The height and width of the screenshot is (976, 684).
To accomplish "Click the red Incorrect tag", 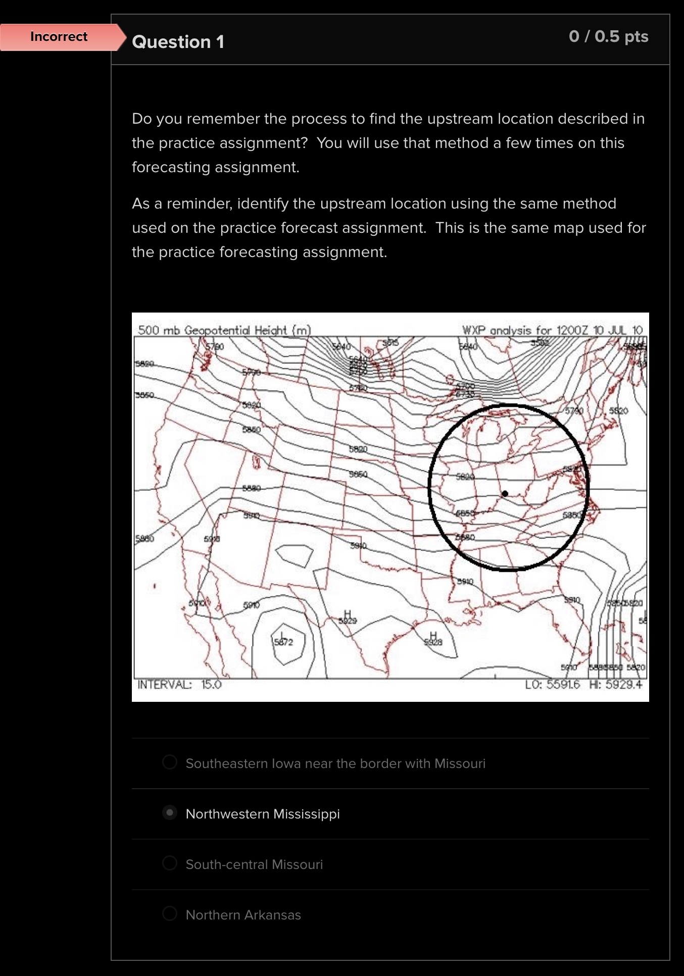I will click(x=59, y=37).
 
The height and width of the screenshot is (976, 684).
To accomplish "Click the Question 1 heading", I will click(x=178, y=42).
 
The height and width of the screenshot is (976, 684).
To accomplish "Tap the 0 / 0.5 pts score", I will click(x=608, y=36).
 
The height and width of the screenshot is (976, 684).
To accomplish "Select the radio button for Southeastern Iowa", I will click(x=170, y=762).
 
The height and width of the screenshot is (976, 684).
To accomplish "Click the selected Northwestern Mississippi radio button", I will click(x=170, y=812).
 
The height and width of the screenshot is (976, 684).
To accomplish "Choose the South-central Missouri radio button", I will click(x=170, y=863).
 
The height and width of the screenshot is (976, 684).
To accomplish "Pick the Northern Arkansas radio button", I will click(x=170, y=913).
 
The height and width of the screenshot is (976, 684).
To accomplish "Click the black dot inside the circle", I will click(x=505, y=493).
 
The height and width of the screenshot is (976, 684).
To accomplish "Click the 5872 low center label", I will click(x=283, y=642).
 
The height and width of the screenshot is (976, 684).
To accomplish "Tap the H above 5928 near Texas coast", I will click(x=433, y=635).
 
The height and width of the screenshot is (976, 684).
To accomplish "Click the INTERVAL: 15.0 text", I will click(x=179, y=685).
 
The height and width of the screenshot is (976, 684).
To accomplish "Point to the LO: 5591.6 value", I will click(x=552, y=685).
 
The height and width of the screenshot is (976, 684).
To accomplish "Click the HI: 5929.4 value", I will click(x=616, y=685).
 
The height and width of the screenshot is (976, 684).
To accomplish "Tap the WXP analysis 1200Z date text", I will click(x=552, y=330).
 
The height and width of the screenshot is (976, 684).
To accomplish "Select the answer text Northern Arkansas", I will click(x=243, y=915).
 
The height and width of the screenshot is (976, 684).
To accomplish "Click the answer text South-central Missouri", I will click(x=254, y=864).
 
